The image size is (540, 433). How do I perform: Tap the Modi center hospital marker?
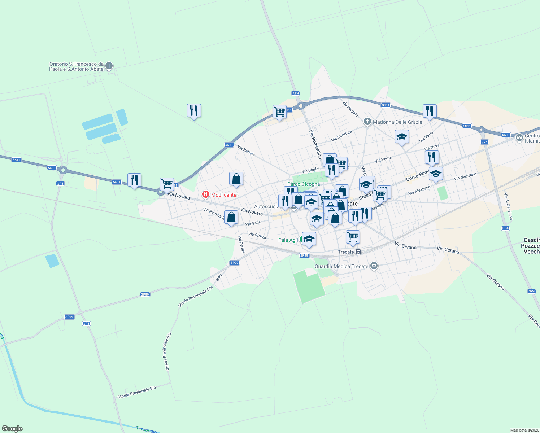click(206, 195)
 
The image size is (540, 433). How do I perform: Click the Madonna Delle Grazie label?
click(397, 122)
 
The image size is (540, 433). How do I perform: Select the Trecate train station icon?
click(358, 252)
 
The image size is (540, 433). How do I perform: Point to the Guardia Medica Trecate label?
click(341, 266)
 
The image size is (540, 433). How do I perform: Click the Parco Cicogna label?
click(303, 184)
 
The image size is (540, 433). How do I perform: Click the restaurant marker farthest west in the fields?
click(134, 180)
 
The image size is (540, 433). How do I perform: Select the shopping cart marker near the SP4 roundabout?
click(279, 112)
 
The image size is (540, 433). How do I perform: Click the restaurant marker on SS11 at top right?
click(430, 111)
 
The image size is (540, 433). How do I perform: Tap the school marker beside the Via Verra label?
click(402, 137)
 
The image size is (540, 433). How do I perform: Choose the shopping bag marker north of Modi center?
click(236, 178)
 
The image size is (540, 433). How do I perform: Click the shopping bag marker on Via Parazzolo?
click(231, 217)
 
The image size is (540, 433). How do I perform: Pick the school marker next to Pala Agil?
click(309, 239)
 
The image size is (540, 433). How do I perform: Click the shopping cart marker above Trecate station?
click(353, 237)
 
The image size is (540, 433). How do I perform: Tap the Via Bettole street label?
click(246, 151)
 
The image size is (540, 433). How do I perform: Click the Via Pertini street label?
click(241, 244)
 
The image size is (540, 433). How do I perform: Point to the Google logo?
click(12, 429)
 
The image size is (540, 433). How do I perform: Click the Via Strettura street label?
click(341, 136)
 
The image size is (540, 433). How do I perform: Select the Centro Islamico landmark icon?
click(519, 137)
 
